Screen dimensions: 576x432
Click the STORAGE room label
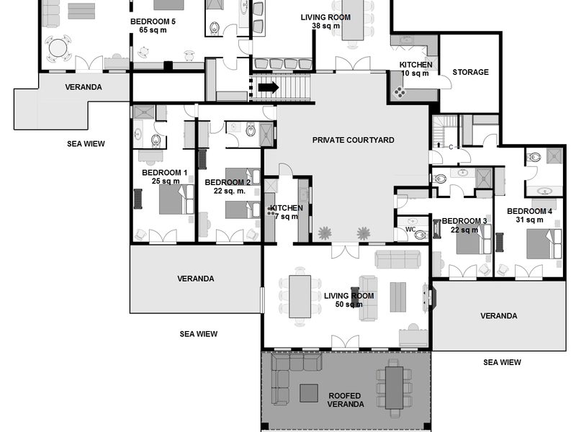pos(471,72)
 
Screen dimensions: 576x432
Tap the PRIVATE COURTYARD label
pos(353,140)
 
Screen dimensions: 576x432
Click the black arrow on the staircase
pos(269,88)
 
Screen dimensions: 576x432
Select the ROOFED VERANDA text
pos(346,400)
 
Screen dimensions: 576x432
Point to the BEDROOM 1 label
pos(165,173)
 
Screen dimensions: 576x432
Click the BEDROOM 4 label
pos(529,211)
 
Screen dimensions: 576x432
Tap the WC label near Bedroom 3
pos(410,230)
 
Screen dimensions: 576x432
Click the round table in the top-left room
pos(58,48)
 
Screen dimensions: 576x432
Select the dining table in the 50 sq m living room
pos(300,297)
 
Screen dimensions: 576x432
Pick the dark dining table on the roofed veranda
pos(394,387)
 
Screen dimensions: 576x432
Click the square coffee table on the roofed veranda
pos(309,392)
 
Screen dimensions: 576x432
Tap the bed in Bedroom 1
pos(176,199)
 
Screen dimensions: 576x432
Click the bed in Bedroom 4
pos(544,244)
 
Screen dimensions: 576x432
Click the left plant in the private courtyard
pos(325,233)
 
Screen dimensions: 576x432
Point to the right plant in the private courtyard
pos(364,233)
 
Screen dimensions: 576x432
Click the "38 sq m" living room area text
pos(326,26)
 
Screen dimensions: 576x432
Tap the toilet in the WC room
pos(420,235)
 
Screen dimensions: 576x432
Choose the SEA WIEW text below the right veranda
pos(502,362)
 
